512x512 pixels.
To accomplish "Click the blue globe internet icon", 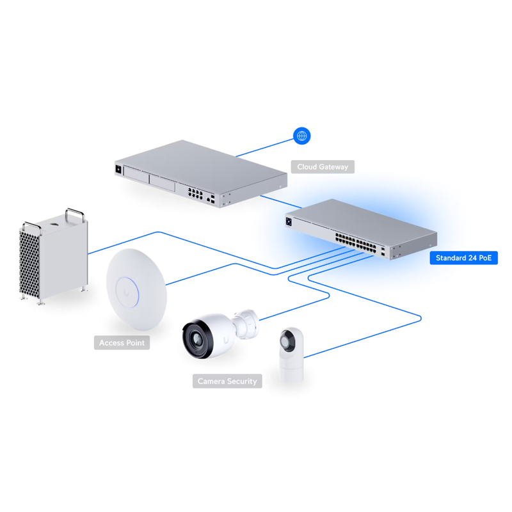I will [x=301, y=136].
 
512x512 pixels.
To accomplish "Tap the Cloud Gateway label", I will [x=323, y=167].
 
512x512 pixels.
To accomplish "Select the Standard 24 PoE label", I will [x=463, y=259].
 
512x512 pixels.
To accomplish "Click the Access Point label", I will [x=122, y=343].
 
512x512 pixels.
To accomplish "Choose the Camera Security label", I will [x=227, y=381].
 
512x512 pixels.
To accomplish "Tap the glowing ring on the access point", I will [x=129, y=287].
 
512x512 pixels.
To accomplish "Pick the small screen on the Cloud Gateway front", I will [x=118, y=170].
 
